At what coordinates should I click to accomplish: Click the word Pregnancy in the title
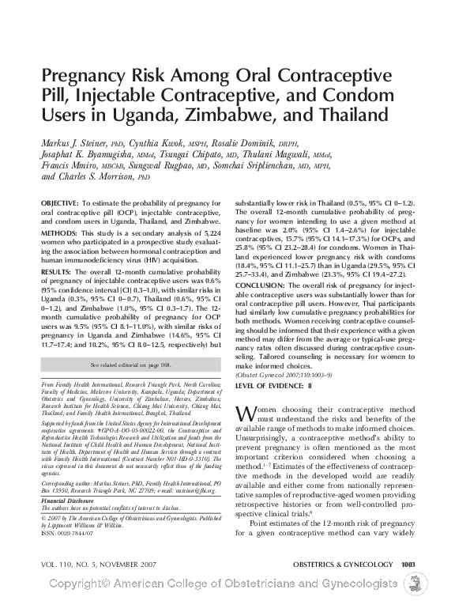(85, 77)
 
